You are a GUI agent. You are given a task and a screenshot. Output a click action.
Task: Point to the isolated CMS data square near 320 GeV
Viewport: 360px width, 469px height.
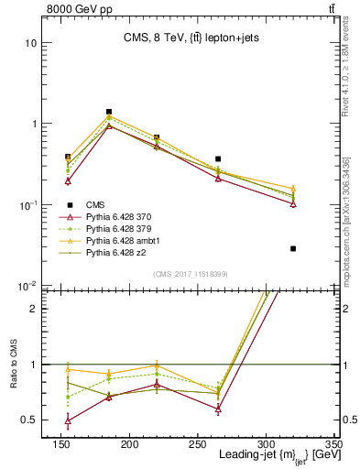pyautogui.click(x=293, y=248)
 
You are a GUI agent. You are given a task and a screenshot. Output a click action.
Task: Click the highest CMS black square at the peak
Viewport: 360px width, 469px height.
pyautogui.click(x=109, y=112)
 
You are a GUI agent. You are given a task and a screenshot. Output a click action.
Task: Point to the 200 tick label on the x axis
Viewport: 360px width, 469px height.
pyautogui.click(x=128, y=442)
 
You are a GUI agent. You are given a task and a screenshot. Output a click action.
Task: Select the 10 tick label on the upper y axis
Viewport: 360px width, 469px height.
pyautogui.click(x=29, y=43)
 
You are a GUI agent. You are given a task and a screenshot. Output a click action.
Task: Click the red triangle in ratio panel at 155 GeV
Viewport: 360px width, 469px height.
pyautogui.click(x=69, y=421)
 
